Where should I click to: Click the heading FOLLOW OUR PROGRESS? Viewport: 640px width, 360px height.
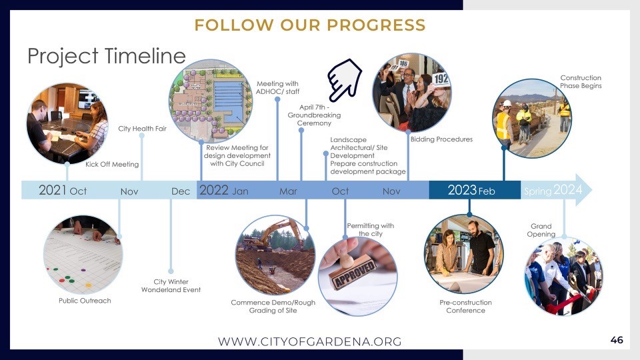pyautogui.click(x=310, y=25)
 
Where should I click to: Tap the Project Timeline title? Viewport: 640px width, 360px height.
pyautogui.click(x=107, y=56)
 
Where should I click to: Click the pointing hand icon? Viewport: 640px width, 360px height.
pyautogui.click(x=344, y=80)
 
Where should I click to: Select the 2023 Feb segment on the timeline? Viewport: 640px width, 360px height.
pyautogui.click(x=475, y=190)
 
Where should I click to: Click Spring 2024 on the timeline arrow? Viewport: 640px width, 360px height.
pyautogui.click(x=553, y=190)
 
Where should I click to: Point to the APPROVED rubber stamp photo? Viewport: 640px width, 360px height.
pyautogui.click(x=357, y=276)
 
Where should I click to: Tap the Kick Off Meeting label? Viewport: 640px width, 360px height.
pyautogui.click(x=112, y=165)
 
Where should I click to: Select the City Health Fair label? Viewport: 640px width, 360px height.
pyautogui.click(x=143, y=129)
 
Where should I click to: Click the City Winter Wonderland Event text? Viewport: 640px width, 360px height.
pyautogui.click(x=171, y=286)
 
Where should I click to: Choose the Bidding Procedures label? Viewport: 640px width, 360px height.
pyautogui.click(x=441, y=139)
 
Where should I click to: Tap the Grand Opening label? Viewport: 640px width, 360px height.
pyautogui.click(x=541, y=230)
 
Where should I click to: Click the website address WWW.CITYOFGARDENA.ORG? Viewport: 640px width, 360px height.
pyautogui.click(x=310, y=341)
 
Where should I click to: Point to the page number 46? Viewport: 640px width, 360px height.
pyautogui.click(x=617, y=340)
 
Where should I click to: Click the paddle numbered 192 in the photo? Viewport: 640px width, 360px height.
pyautogui.click(x=441, y=79)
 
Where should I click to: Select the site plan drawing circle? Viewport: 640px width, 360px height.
pyautogui.click(x=211, y=101)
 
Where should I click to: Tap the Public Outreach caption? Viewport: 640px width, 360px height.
pyautogui.click(x=85, y=301)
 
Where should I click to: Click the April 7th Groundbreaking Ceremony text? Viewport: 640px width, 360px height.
pyautogui.click(x=314, y=115)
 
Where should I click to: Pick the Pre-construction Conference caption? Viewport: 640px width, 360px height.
pyautogui.click(x=466, y=306)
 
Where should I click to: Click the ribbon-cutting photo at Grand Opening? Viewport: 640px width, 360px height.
pyautogui.click(x=564, y=277)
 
